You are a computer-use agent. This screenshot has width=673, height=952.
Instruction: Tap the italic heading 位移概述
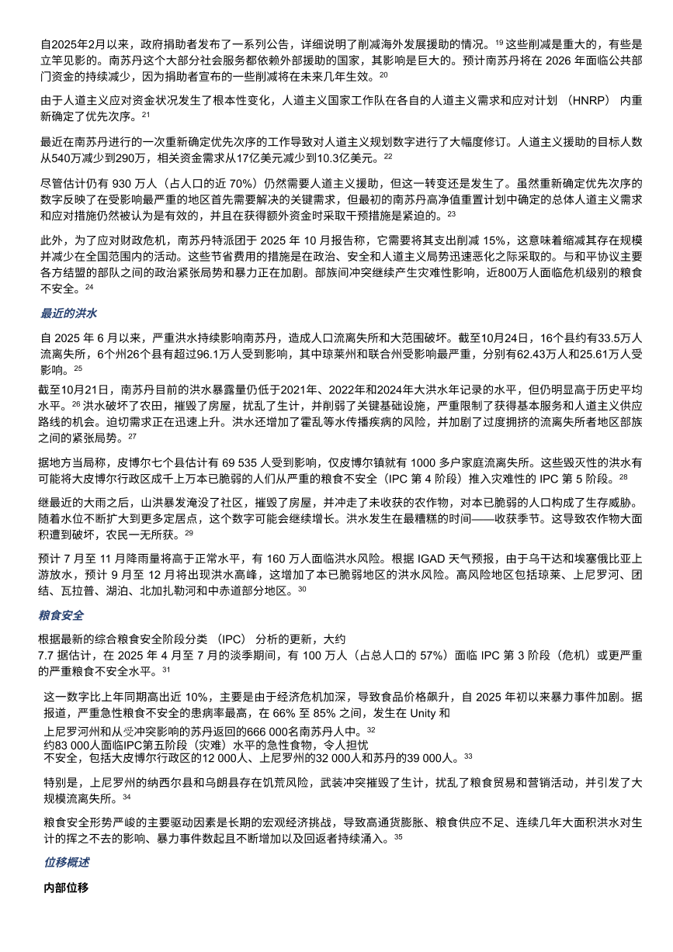[x=67, y=862]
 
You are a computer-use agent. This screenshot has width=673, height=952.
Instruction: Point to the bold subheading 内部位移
[x=67, y=888]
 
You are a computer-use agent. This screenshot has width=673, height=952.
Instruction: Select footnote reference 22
[x=388, y=156]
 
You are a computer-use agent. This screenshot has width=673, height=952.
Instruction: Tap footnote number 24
[x=89, y=287]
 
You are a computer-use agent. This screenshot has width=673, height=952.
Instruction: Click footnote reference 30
[x=302, y=590]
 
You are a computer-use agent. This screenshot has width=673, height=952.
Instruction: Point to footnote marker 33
[x=468, y=756]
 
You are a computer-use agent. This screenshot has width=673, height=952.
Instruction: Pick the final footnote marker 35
[x=398, y=837]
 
